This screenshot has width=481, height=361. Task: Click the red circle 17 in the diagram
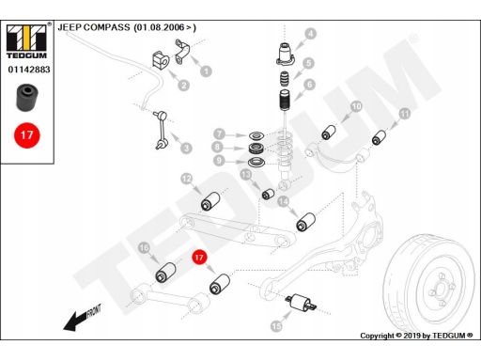pyautogui.click(x=199, y=258)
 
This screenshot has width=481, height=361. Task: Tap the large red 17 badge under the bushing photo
pyautogui.click(x=27, y=135)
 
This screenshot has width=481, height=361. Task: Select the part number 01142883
pyautogui.click(x=29, y=70)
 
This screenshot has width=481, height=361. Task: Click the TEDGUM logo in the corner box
pyautogui.click(x=27, y=40)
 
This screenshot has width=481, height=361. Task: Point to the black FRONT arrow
pyautogui.click(x=82, y=318)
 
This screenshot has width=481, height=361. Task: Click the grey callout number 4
pyautogui.click(x=310, y=34)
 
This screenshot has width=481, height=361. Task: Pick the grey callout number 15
pyautogui.click(x=276, y=326)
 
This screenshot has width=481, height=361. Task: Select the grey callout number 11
pyautogui.click(x=405, y=113)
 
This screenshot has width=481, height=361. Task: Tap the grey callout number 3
pyautogui.click(x=186, y=148)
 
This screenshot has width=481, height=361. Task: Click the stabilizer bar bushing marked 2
pyautogui.click(x=161, y=60)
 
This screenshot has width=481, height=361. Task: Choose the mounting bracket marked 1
pyautogui.click(x=182, y=52)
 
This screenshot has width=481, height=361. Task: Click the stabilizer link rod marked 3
pyautogui.click(x=162, y=130)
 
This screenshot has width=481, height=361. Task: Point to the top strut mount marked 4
pyautogui.click(x=286, y=54)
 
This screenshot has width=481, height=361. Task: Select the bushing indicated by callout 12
pyautogui.click(x=210, y=200)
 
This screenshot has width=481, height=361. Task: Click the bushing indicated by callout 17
pyautogui.click(x=220, y=284)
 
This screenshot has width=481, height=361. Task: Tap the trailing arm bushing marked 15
pyautogui.click(x=302, y=303)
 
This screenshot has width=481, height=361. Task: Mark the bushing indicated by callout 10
pyautogui.click(x=329, y=133)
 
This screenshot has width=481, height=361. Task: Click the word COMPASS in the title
pyautogui.click(x=106, y=27)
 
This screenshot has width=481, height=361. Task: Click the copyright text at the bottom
pyautogui.click(x=416, y=336)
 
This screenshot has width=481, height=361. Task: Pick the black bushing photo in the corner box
pyautogui.click(x=27, y=97)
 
